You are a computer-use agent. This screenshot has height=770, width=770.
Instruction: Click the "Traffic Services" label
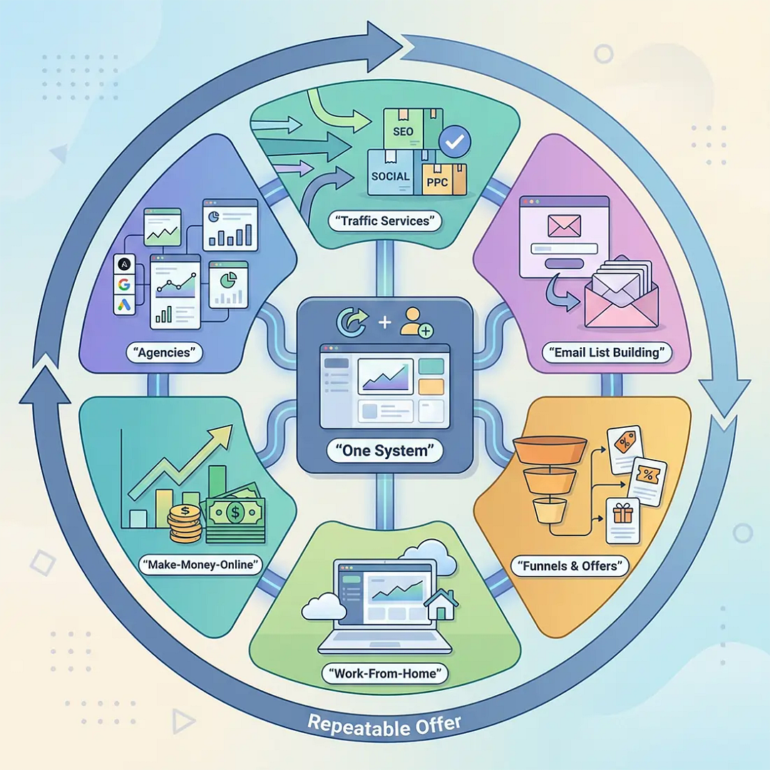(384, 221)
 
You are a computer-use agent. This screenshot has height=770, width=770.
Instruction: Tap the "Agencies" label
(164, 353)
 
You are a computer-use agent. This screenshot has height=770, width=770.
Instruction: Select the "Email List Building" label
(607, 353)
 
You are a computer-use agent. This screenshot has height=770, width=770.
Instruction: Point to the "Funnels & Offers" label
(570, 565)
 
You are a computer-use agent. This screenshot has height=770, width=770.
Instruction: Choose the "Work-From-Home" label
(384, 673)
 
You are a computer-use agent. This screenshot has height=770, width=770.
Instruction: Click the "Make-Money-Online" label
(201, 565)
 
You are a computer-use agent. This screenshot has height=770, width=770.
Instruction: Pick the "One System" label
(384, 451)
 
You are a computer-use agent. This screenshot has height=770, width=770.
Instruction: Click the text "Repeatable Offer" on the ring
(384, 726)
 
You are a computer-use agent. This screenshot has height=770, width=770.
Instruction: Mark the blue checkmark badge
(455, 141)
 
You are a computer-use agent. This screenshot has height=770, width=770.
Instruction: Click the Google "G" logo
(124, 284)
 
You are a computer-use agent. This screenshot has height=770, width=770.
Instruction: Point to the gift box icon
(622, 514)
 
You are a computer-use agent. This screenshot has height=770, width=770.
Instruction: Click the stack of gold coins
(185, 524)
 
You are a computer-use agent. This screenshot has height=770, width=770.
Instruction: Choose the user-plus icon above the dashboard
(416, 323)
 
